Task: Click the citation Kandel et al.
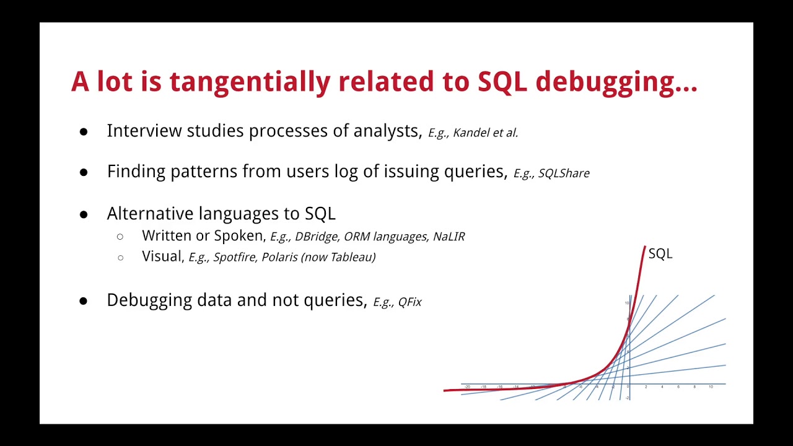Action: click(485, 133)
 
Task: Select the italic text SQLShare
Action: click(564, 173)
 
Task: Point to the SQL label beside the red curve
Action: click(660, 254)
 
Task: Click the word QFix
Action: click(410, 302)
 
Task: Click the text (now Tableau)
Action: click(338, 257)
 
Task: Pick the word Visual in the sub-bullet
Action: click(162, 256)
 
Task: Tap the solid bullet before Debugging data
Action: click(84, 301)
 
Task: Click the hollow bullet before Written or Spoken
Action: click(120, 237)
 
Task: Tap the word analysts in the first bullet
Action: click(387, 131)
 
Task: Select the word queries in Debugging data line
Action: click(334, 301)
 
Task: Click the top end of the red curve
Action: click(645, 247)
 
